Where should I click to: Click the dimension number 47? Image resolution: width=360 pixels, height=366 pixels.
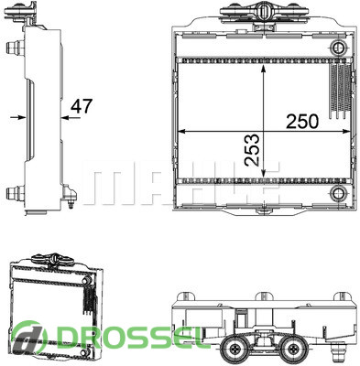click(82, 106)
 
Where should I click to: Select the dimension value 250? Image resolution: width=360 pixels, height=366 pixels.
click(302, 121)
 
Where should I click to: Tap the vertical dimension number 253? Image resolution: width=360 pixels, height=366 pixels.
click(252, 150)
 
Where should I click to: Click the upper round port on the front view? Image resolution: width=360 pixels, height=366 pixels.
click(339, 48)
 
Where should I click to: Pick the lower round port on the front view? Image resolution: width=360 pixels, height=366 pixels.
click(339, 193)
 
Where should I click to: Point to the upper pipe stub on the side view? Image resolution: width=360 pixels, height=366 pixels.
click(15, 48)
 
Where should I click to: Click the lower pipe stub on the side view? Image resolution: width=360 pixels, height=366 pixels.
click(15, 193)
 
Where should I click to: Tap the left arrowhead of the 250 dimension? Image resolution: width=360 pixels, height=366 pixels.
click(181, 131)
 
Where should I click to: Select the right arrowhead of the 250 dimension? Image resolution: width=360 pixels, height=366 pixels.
click(345, 131)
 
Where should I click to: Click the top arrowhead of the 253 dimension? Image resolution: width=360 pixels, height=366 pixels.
click(264, 69)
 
